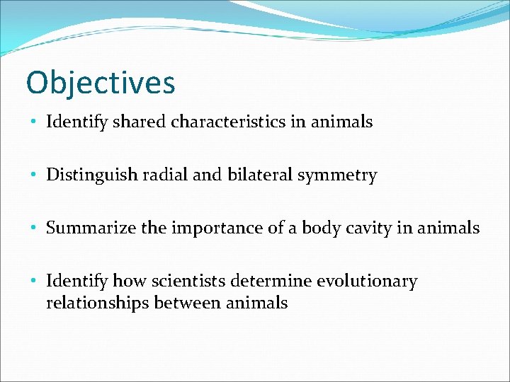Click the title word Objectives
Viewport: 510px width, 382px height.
coord(100,82)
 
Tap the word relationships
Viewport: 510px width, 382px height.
coord(90,303)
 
